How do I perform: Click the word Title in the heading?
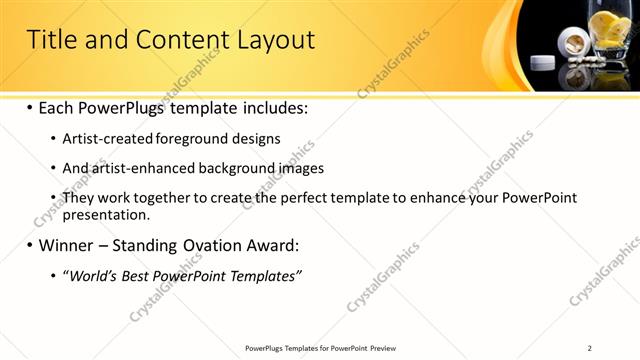(51, 40)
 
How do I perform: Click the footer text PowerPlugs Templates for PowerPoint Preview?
(320, 348)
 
